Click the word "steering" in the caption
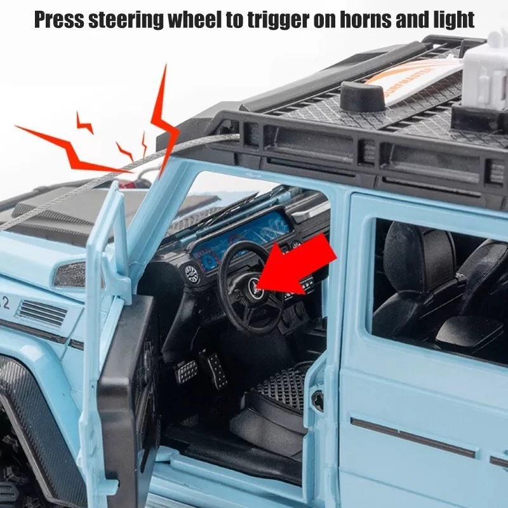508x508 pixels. pyautogui.click(x=126, y=20)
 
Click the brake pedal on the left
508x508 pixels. pyautogui.click(x=186, y=371)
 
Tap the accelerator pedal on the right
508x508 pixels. pyautogui.click(x=216, y=370)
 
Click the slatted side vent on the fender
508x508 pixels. pyautogui.click(x=42, y=313)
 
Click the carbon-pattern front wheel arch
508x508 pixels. pyautogui.click(x=36, y=421)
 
